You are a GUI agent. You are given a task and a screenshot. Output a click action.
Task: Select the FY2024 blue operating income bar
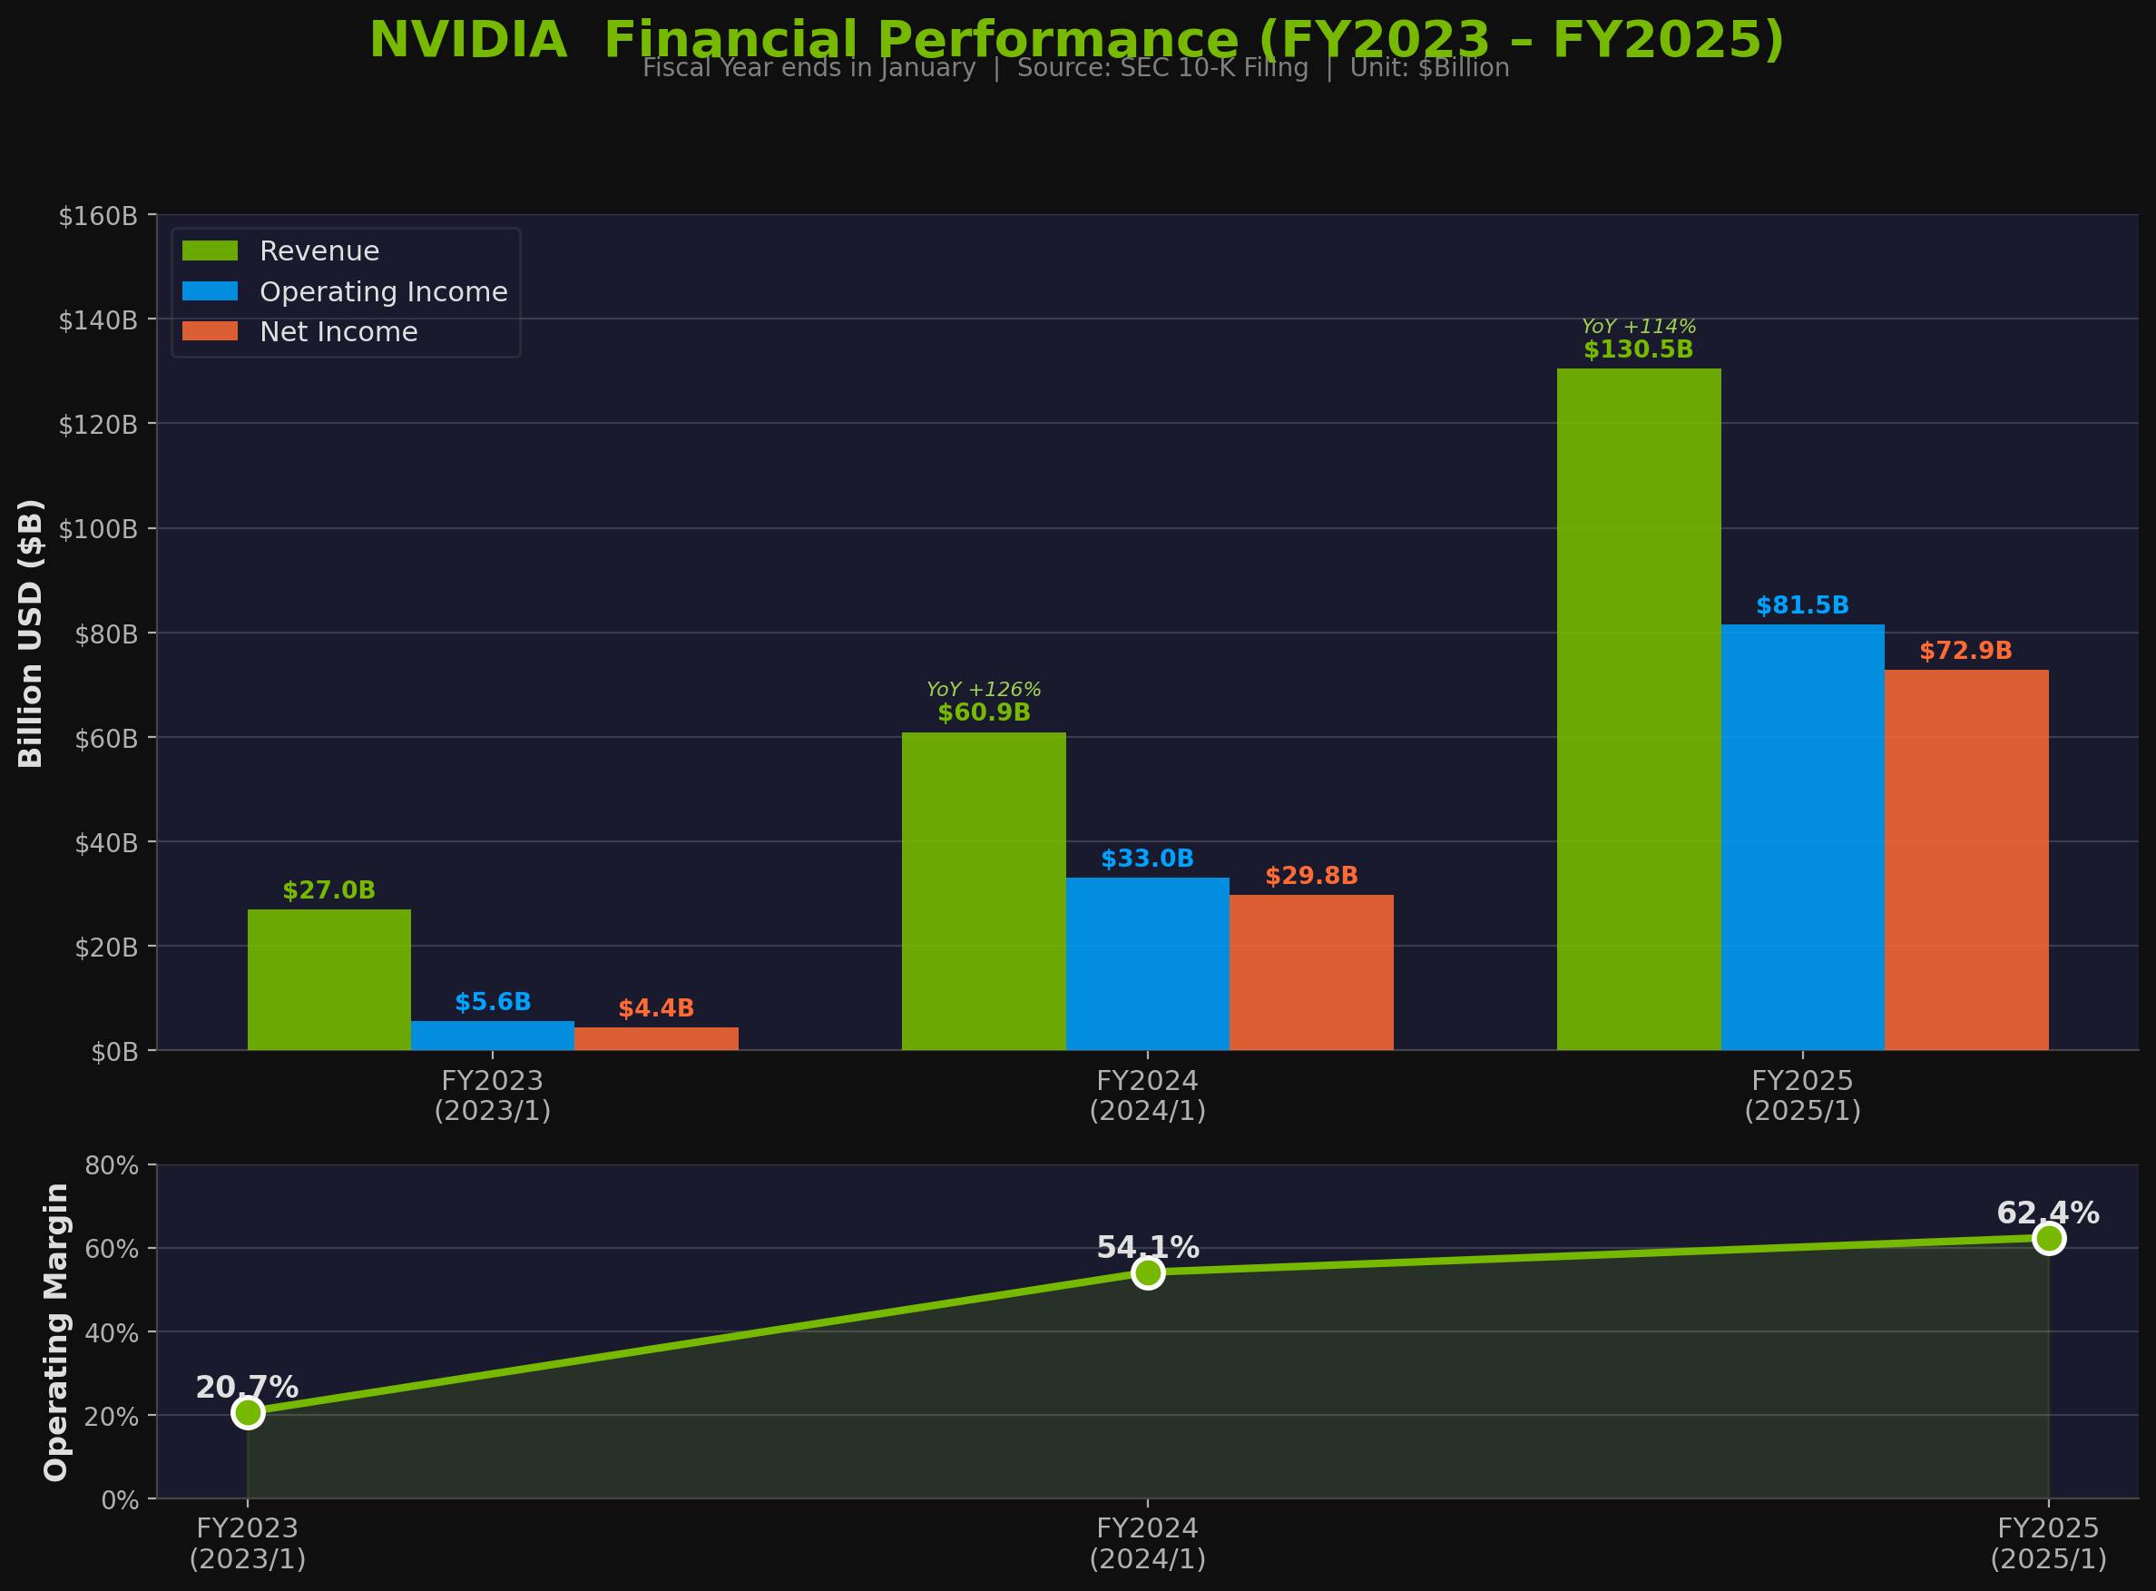coord(1147,963)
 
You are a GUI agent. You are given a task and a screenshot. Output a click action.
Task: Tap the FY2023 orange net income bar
coord(656,1039)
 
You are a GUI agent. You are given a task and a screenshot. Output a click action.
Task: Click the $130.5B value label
coord(1638,349)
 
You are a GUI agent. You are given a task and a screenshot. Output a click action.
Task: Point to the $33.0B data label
coord(1147,859)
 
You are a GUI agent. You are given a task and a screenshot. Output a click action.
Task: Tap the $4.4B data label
coord(656,1008)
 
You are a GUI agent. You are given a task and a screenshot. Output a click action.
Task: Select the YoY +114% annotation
coord(1638,327)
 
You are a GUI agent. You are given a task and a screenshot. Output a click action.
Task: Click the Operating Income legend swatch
coord(210,290)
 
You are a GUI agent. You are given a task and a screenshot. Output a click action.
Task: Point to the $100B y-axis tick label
coord(98,529)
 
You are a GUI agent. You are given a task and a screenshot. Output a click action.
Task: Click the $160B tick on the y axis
coord(98,216)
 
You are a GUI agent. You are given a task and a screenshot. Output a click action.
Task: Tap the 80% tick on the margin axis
coord(112,1165)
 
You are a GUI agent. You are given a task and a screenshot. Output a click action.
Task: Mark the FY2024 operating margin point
coord(1147,1273)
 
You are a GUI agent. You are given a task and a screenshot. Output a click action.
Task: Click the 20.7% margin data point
coord(248,1412)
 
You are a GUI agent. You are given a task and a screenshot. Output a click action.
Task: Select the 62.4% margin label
coord(2047,1213)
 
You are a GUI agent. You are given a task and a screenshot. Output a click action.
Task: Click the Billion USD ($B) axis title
coord(31,633)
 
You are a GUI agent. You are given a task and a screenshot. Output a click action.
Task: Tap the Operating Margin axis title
coord(57,1332)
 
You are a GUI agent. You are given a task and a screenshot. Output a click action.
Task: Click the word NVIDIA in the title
coord(468,41)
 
